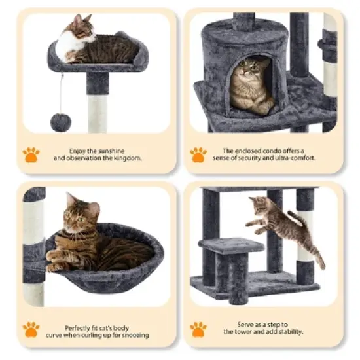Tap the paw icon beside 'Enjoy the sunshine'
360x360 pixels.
tap(31, 154)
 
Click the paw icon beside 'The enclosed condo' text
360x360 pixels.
tap(198, 154)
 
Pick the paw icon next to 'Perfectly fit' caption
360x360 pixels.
tap(31, 329)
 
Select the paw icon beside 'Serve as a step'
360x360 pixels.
tap(198, 329)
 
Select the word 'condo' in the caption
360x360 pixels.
tap(270, 151)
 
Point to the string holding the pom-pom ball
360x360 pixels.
tap(61, 92)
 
